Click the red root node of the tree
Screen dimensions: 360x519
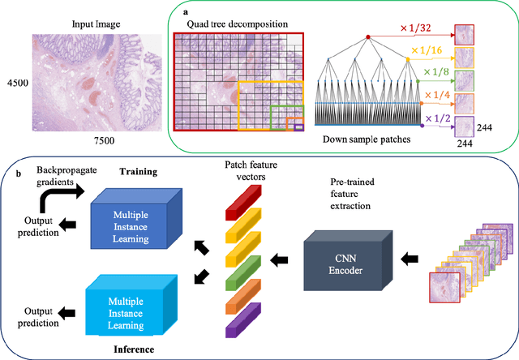pyautogui.click(x=367, y=37)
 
